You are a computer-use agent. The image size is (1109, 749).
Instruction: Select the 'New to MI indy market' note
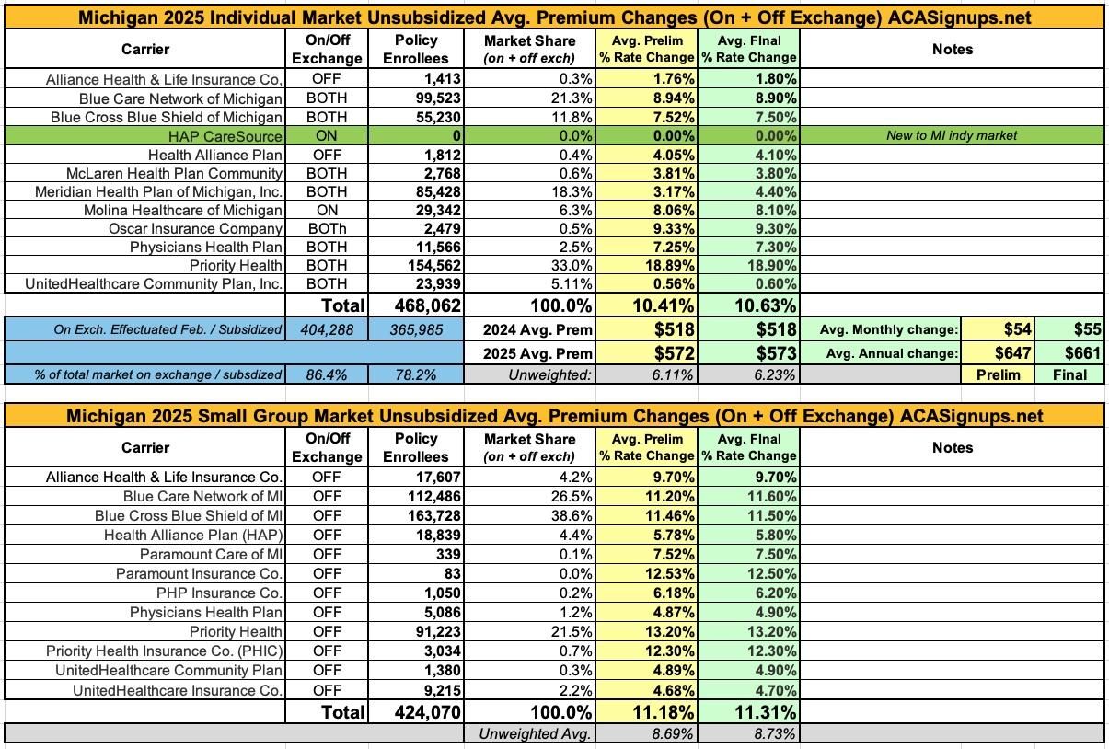point(953,135)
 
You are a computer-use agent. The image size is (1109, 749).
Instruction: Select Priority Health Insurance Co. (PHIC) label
point(165,651)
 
